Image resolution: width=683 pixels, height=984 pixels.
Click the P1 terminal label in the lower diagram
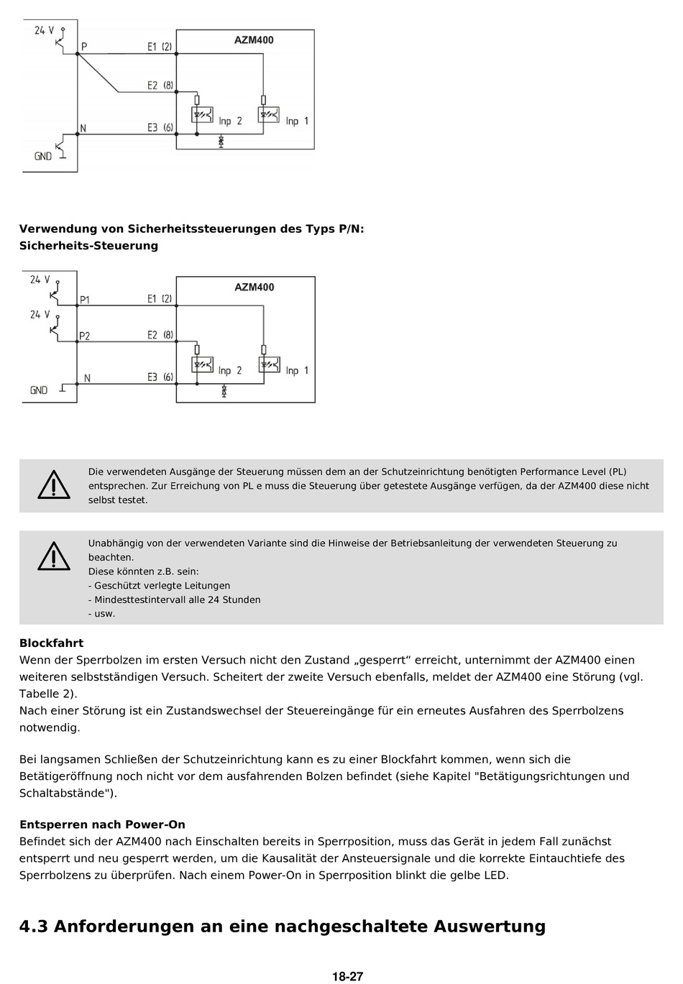point(85,300)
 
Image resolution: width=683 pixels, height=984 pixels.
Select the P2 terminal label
point(85,336)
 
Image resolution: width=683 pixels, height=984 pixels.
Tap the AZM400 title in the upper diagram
point(254,40)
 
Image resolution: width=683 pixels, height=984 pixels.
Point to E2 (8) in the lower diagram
point(160,335)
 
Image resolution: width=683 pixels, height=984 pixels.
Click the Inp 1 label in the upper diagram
point(297,121)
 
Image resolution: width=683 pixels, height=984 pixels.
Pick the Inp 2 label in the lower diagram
point(230,371)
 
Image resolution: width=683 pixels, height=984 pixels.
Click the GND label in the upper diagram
point(43,156)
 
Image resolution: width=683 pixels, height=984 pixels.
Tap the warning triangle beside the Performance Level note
point(54,485)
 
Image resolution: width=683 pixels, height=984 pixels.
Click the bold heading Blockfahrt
point(51,643)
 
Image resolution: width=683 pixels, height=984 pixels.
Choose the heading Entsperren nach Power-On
point(102,824)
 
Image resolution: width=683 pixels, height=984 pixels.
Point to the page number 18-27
point(347,977)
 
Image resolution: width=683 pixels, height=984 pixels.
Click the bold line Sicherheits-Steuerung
point(88,246)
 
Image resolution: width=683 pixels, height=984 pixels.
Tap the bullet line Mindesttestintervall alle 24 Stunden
point(175,599)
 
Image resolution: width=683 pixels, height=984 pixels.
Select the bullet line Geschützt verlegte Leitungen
point(160,586)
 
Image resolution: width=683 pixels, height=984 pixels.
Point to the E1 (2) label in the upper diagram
point(160,47)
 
